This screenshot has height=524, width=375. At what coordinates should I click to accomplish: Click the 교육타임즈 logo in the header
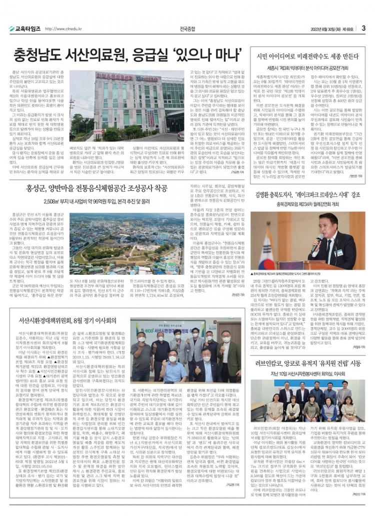pos(24,28)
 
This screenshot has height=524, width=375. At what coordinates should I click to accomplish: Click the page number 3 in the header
pos(364,28)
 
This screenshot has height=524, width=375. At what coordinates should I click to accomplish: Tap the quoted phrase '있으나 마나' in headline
pos(200,52)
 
